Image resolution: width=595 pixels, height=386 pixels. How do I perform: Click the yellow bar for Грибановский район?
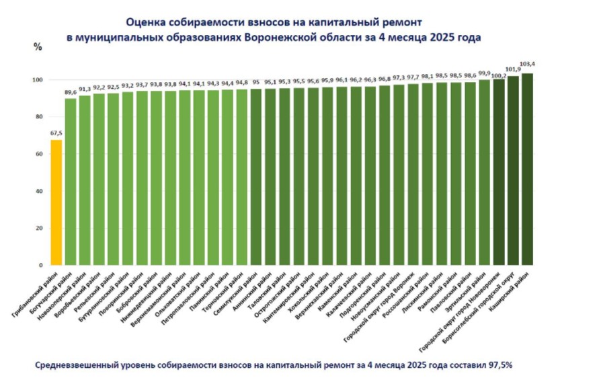[56, 202]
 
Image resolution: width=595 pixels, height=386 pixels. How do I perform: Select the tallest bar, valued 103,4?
[527, 168]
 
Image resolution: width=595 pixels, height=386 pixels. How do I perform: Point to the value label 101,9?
[513, 69]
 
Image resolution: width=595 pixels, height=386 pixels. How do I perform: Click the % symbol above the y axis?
[38, 47]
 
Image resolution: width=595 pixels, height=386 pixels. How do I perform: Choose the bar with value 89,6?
[70, 182]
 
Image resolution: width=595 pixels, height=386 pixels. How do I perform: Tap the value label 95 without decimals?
[255, 83]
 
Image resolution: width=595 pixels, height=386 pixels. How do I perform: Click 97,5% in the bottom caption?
[499, 365]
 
